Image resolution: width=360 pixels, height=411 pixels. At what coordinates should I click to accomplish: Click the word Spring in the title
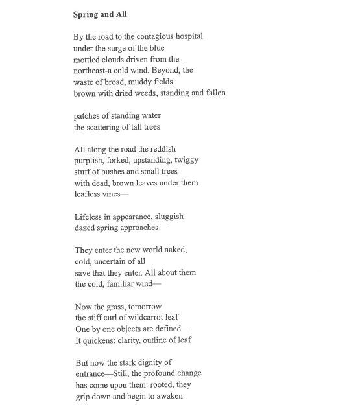pyautogui.click(x=87, y=14)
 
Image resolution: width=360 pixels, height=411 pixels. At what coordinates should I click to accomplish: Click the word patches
pyautogui.click(x=89, y=116)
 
